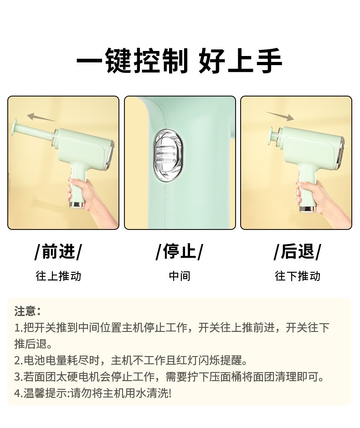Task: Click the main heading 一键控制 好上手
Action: pos(179,61)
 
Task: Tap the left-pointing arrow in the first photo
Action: pos(41,117)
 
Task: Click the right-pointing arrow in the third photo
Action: pos(280,116)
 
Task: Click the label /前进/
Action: pos(58,251)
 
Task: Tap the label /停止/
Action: pos(179,251)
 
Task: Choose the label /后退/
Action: pos(298,251)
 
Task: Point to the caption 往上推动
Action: pos(58,276)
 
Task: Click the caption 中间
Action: pos(179,276)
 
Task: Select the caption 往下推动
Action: pos(298,276)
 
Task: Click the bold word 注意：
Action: pos(28,311)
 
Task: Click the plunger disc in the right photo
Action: pos(273,135)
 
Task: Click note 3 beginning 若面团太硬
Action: pos(169,377)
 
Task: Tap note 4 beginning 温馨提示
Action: pos(93,393)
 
